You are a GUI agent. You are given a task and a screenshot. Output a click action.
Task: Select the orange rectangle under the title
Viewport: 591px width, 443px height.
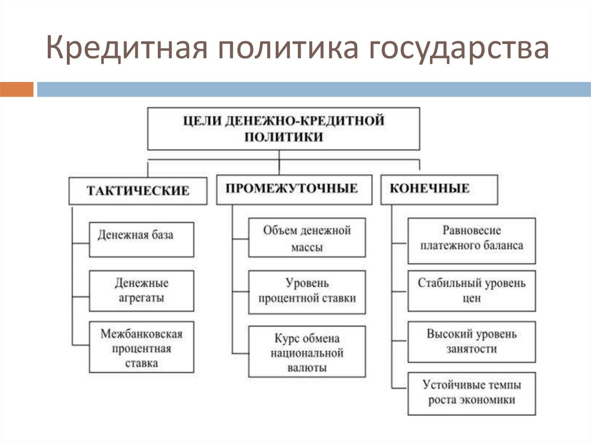tap(17, 90)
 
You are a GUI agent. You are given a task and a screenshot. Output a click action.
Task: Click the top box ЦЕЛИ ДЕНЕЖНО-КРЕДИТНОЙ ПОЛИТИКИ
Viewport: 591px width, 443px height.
tap(283, 128)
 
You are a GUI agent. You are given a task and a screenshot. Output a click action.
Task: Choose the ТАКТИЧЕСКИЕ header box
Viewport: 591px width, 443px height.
tap(138, 190)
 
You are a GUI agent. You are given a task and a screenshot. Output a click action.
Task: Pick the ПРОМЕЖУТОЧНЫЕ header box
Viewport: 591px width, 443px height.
tap(294, 189)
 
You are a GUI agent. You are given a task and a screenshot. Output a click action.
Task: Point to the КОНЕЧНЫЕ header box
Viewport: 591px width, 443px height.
tap(439, 189)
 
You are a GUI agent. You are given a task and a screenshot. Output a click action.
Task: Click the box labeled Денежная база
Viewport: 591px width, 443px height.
tap(141, 239)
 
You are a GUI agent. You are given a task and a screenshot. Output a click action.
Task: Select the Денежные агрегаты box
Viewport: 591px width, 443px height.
tap(141, 291)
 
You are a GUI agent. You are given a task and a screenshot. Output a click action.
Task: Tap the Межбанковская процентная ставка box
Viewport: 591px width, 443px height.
tap(141, 348)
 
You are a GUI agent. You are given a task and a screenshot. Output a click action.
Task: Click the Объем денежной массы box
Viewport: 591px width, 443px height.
tap(306, 238)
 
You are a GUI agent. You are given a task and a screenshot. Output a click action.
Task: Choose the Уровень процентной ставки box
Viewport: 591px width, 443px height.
tap(306, 291)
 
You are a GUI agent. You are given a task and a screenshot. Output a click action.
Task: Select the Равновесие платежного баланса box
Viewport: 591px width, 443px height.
tap(471, 237)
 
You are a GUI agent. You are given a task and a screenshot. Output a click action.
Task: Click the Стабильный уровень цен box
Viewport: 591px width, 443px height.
tap(471, 291)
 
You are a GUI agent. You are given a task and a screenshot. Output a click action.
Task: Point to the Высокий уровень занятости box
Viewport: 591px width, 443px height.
tap(471, 341)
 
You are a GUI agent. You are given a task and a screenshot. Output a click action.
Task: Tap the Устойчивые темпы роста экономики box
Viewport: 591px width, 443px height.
tap(471, 393)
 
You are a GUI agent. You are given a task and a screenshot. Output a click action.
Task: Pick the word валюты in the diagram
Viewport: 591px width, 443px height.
tap(306, 367)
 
